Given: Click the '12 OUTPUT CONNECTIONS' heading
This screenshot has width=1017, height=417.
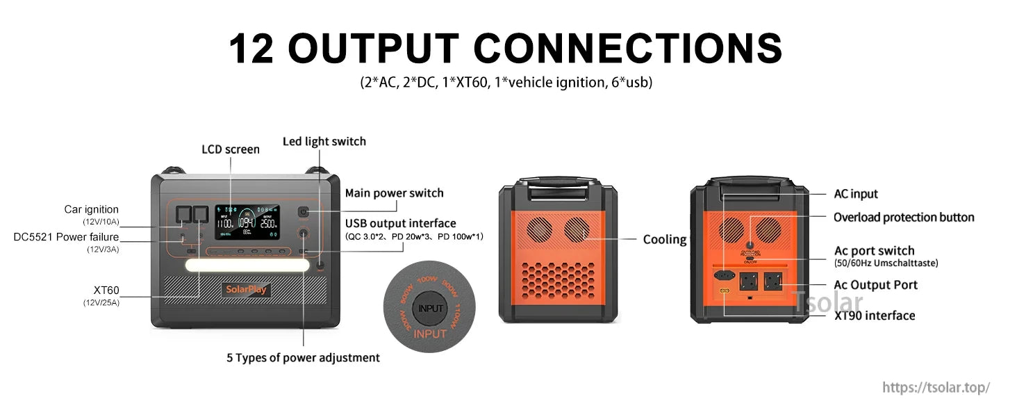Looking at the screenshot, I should (x=506, y=48).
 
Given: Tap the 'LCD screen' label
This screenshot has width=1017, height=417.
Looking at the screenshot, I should (x=231, y=149).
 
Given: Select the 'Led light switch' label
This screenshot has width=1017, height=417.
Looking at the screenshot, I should (x=324, y=141).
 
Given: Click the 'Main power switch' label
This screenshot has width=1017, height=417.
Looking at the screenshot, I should (x=394, y=193).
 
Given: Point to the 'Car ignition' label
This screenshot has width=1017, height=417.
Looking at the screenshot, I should (x=91, y=209).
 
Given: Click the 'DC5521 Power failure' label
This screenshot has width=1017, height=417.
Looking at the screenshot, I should (x=66, y=237).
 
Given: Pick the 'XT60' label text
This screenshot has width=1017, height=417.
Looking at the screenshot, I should (x=106, y=290).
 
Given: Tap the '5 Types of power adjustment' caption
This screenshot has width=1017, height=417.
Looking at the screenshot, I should (x=303, y=358).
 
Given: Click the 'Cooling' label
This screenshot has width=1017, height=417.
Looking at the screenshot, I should (x=664, y=239).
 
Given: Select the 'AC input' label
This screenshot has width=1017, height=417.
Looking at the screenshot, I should (x=855, y=194).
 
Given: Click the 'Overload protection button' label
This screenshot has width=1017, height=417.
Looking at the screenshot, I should (x=903, y=218).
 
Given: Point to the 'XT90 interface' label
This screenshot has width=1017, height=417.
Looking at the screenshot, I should (x=874, y=316).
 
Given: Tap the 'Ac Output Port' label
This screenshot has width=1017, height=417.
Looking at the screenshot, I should (x=875, y=285).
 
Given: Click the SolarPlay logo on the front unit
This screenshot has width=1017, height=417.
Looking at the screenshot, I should (x=247, y=290).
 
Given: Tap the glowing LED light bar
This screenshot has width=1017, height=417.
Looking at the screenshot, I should (x=247, y=266).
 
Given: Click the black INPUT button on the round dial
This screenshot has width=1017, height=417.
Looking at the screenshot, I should (x=430, y=308).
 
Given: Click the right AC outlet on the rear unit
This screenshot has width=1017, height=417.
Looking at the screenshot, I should (x=773, y=281).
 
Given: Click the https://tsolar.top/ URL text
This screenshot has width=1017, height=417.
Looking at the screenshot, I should (x=936, y=388).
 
